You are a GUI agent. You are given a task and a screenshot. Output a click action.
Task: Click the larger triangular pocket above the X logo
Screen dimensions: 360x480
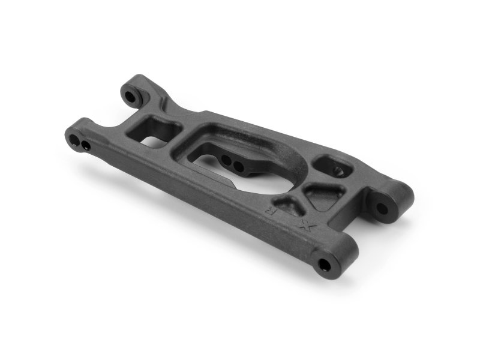[x=325, y=193]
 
